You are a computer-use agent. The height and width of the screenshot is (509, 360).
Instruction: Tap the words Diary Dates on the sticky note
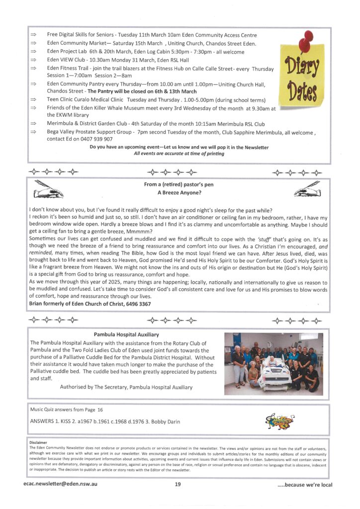[x=302, y=80]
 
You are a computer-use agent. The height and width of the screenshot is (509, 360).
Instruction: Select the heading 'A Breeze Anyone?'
[x=180, y=193]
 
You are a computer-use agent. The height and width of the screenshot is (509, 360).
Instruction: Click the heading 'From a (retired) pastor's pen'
[x=180, y=185]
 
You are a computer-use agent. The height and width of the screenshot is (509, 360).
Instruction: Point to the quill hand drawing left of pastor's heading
[x=47, y=189]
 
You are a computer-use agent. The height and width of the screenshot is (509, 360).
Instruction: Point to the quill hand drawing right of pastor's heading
[x=310, y=189]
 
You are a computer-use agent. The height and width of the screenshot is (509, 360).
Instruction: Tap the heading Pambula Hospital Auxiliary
[x=126, y=335]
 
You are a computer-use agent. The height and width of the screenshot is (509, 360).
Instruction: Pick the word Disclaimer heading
[x=38, y=442]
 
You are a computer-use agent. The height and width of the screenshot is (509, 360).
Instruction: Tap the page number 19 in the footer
[x=178, y=485]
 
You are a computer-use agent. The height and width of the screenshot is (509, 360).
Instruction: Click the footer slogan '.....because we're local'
[x=305, y=485]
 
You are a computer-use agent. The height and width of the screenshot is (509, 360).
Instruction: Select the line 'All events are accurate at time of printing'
[x=179, y=154]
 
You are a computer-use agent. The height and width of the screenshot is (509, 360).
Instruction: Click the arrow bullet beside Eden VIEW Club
[x=34, y=60]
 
